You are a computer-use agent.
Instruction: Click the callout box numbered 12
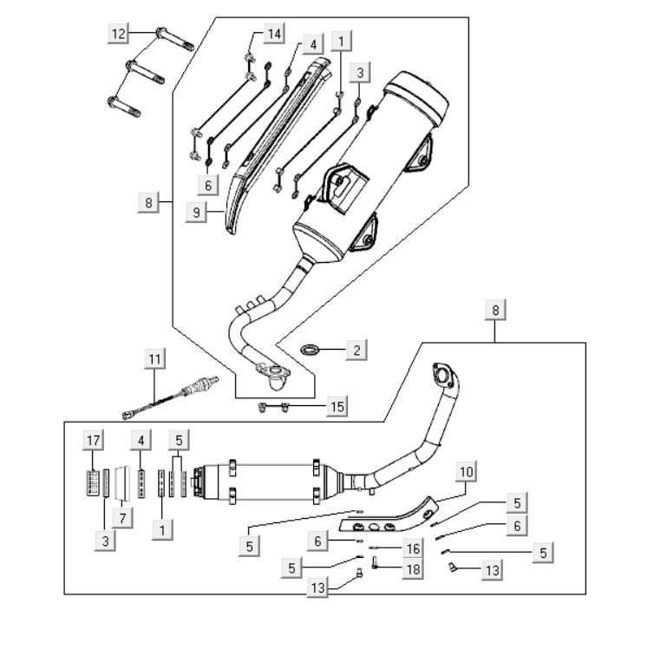(119, 34)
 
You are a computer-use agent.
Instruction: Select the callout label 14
(274, 34)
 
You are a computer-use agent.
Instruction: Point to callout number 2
(355, 351)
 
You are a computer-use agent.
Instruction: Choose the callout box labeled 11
(154, 358)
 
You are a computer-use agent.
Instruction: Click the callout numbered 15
(337, 406)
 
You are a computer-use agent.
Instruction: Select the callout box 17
(92, 440)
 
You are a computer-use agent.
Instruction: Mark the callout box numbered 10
(468, 472)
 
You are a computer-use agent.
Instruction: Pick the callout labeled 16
(413, 548)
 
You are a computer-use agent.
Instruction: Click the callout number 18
(411, 568)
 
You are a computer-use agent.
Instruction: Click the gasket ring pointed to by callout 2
(310, 350)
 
